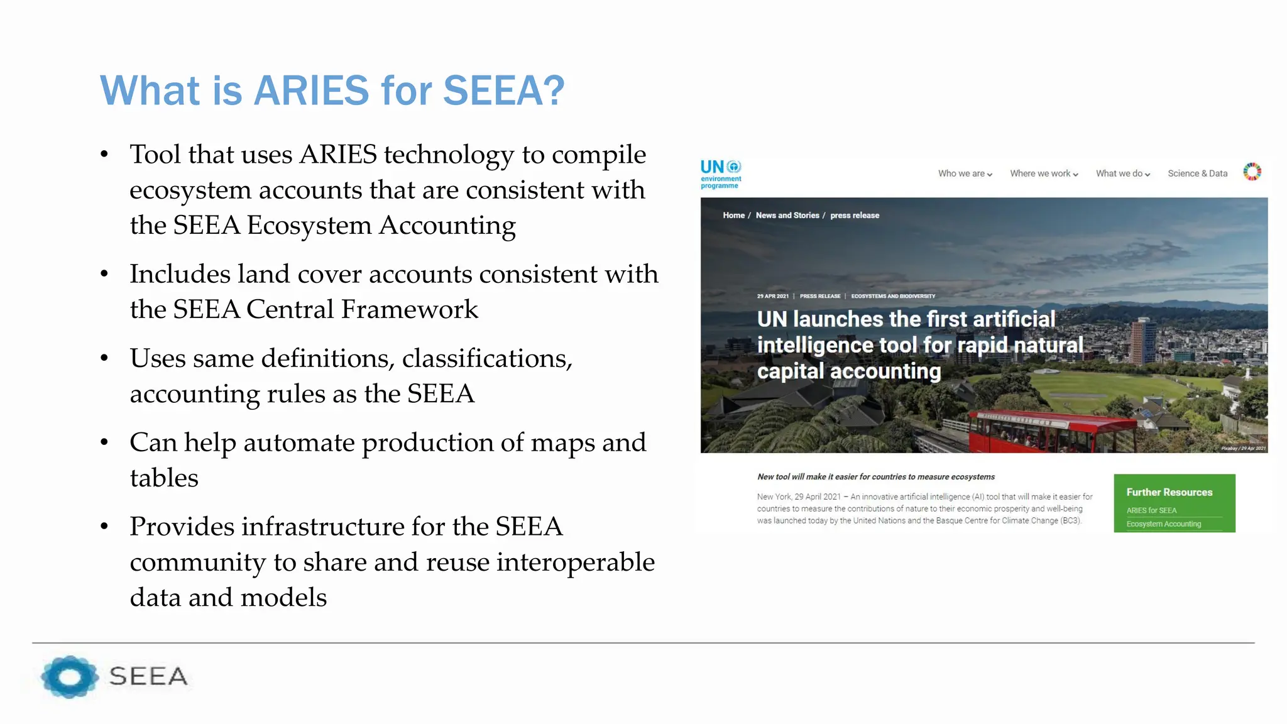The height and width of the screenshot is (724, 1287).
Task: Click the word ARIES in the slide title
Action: click(311, 90)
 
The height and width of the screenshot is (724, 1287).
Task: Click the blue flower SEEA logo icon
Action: click(69, 677)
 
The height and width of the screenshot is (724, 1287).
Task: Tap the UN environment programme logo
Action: click(721, 173)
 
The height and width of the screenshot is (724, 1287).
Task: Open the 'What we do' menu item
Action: click(1122, 173)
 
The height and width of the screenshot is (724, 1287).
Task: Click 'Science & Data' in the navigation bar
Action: click(1197, 173)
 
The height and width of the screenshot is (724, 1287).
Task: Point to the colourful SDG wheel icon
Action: click(1252, 172)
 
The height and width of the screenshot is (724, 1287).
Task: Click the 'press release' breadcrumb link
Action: click(855, 216)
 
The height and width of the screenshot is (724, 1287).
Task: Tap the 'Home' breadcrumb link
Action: click(733, 216)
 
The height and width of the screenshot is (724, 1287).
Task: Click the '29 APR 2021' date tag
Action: click(772, 296)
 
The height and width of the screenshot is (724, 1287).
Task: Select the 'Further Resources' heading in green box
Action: click(1169, 492)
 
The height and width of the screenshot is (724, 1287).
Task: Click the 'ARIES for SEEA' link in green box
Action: click(1151, 510)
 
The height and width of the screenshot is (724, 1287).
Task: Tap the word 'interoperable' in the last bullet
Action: click(575, 562)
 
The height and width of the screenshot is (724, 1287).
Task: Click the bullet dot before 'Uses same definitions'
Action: click(104, 359)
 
